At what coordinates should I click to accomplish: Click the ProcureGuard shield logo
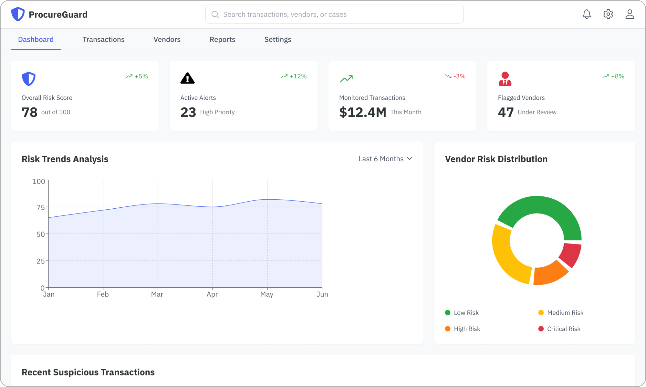[x=18, y=14]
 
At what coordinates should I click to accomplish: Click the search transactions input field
[x=334, y=14]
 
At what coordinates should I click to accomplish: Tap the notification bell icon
[x=587, y=14]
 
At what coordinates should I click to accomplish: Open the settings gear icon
[x=608, y=14]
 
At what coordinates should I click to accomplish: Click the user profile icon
[x=630, y=14]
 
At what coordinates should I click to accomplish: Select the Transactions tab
[x=103, y=39]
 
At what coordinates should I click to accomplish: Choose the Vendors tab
[x=167, y=39]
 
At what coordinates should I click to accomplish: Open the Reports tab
[x=222, y=39]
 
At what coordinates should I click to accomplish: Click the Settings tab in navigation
[x=278, y=39]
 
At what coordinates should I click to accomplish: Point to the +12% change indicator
[x=294, y=76]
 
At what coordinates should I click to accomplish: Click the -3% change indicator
[x=455, y=76]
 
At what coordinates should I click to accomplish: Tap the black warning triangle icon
[x=187, y=78]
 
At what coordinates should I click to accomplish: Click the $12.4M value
[x=362, y=112]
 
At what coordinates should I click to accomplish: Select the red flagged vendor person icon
[x=505, y=79]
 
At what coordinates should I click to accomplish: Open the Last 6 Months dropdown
[x=385, y=159]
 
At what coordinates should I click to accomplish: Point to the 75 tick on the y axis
[x=41, y=207]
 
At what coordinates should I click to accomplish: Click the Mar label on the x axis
[x=157, y=294]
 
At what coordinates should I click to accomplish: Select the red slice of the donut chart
[x=571, y=255]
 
